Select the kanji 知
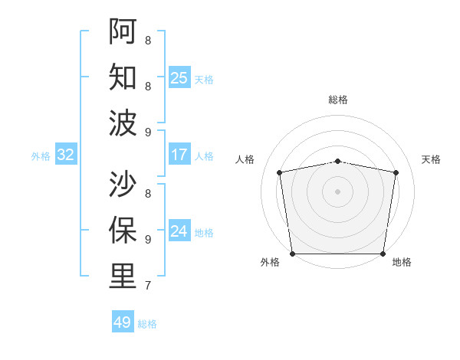123,77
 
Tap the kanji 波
123,123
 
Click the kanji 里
123,276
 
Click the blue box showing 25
179,78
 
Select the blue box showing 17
179,155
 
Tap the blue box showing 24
179,231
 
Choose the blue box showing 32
66,155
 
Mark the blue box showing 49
123,322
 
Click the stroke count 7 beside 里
147,286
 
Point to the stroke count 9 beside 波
147,133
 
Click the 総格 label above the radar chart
338,100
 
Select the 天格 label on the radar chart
431,159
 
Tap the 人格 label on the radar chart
245,159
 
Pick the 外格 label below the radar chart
270,263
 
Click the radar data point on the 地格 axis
383,254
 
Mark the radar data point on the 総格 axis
338,161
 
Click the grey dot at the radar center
338,191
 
